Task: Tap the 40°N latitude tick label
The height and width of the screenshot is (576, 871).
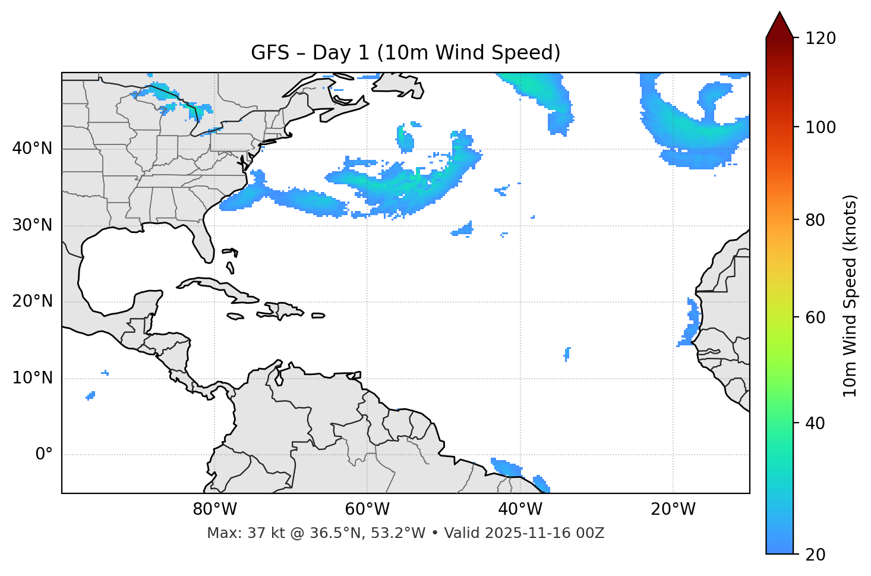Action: point(32,149)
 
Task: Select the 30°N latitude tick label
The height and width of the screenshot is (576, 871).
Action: point(32,225)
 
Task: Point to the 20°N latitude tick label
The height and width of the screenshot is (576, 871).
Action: point(32,301)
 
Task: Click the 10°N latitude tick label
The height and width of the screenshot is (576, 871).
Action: point(32,378)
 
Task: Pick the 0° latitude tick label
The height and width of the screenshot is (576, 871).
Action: point(44,455)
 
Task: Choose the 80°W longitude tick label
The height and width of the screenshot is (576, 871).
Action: point(214,509)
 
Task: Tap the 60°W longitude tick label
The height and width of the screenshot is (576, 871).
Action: point(367,509)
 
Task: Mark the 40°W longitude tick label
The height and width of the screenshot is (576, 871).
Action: point(520,509)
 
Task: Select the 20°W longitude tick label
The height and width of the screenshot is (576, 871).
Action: point(673,509)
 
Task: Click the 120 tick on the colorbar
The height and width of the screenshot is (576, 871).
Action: point(820,39)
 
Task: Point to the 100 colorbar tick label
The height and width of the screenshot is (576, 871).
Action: point(820,127)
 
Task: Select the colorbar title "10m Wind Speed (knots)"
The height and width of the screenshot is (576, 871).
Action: point(850,295)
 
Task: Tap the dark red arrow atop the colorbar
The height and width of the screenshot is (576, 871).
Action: point(780,26)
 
